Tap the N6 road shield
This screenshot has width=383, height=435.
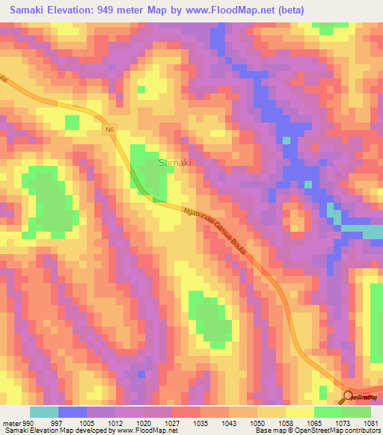(109, 129)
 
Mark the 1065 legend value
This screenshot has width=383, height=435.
(313, 424)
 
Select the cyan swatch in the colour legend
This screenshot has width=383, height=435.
(43, 412)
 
